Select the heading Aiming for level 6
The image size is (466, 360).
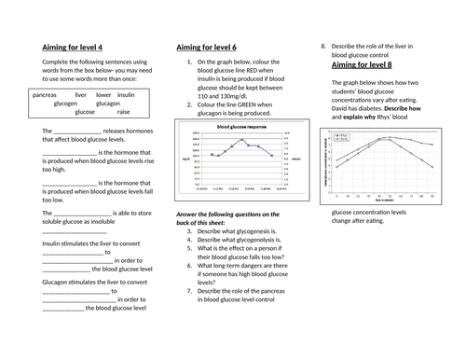tap(209, 47)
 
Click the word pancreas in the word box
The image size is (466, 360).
tap(45, 95)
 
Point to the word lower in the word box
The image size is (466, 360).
tap(103, 95)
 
